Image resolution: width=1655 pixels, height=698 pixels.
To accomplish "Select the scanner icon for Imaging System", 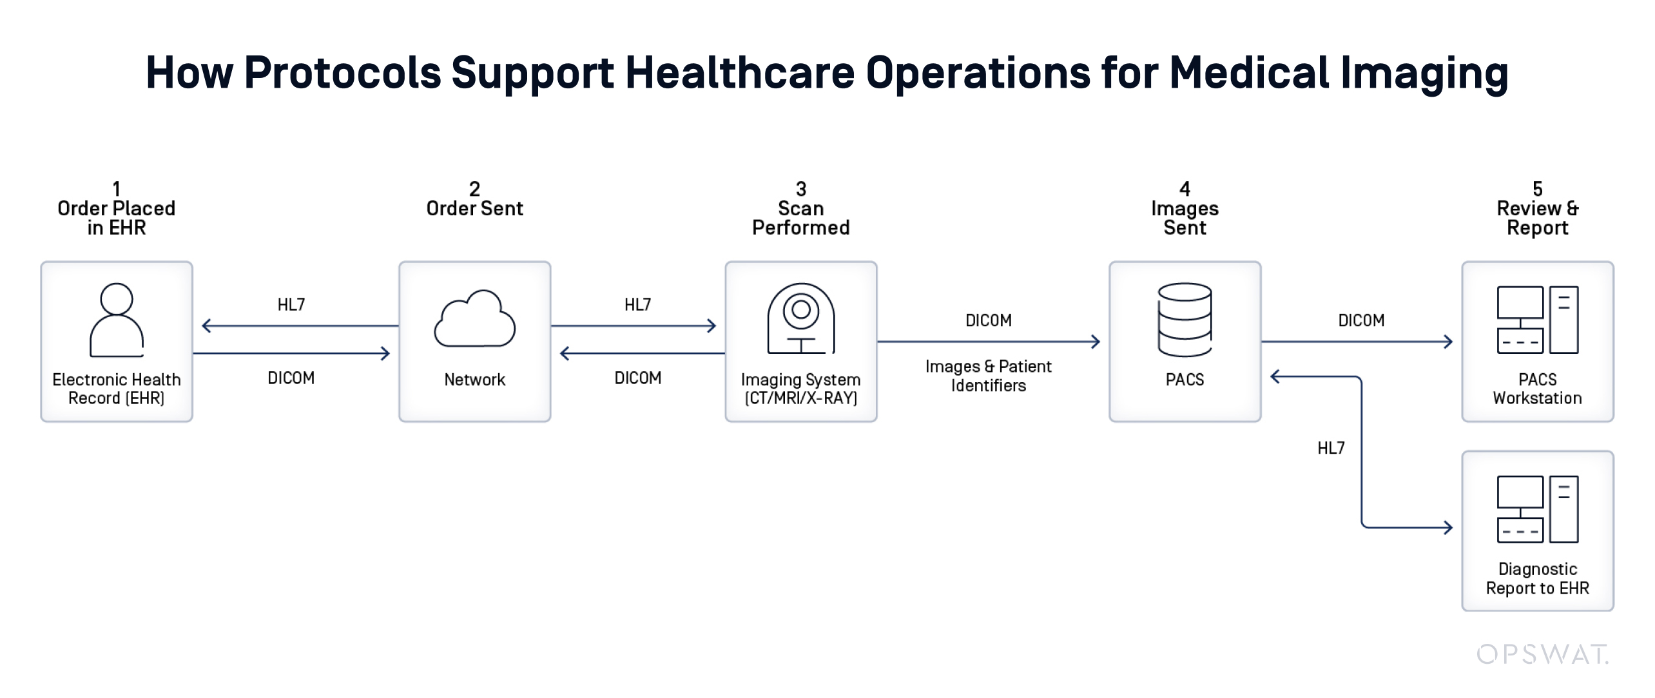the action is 801,318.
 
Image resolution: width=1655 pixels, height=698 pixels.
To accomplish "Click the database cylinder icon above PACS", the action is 1185,320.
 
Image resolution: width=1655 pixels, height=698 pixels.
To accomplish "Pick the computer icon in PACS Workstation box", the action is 1537,320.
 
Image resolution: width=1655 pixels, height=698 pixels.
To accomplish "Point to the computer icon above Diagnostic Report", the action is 1537,509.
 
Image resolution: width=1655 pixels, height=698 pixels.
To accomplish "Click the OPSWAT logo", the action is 1542,654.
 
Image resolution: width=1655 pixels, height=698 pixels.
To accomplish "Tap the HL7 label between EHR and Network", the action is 291,304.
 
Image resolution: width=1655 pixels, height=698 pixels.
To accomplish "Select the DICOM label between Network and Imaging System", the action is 638,378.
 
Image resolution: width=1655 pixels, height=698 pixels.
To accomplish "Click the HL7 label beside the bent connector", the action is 1331,448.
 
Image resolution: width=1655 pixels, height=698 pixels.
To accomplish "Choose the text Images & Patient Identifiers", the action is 989,376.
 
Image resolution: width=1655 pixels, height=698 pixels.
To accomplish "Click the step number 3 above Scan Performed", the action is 801,189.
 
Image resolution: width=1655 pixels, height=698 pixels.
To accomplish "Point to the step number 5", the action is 1538,189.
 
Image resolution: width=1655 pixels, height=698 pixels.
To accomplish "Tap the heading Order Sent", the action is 475,208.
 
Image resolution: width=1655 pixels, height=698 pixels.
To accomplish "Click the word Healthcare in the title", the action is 740,72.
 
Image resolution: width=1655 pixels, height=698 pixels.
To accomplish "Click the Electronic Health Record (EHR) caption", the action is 117,389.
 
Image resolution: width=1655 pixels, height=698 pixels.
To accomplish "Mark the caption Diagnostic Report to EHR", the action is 1538,578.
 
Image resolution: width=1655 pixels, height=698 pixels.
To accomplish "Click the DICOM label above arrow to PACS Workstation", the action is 1361,320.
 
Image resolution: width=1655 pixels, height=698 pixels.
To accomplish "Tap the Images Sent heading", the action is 1185,218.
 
